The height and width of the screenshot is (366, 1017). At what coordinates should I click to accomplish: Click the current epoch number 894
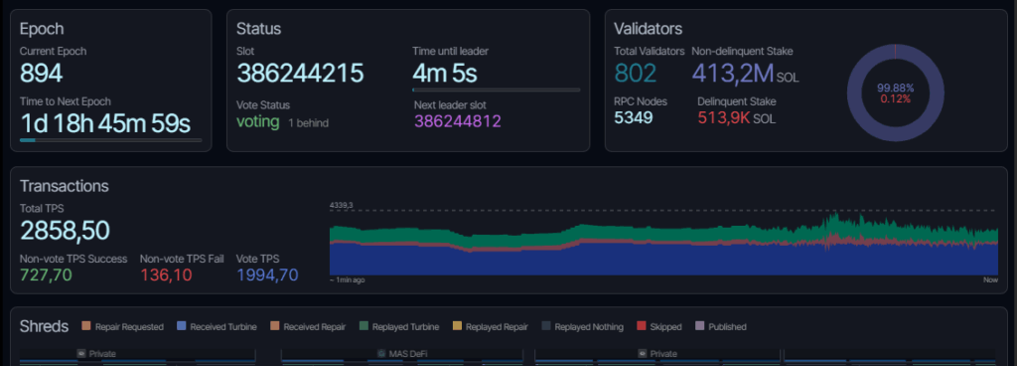42,73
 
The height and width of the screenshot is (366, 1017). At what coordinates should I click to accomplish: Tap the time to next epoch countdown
105,122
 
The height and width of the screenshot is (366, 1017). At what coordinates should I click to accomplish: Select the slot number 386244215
300,73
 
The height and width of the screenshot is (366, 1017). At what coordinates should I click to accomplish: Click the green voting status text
258,121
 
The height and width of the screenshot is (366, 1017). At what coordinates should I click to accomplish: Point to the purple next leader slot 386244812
458,121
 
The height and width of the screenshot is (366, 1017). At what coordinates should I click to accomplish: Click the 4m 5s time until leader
444,73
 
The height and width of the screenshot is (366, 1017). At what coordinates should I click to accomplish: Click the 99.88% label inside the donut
896,88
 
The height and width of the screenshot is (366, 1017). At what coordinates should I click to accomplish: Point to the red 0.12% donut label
896,98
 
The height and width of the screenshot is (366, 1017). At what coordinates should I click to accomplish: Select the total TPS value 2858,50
65,231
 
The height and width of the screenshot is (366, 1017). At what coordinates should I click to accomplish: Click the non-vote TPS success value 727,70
46,274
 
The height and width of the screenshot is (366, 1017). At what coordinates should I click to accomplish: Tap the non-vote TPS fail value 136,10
166,274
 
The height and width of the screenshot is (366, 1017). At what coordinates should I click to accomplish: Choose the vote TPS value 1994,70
267,274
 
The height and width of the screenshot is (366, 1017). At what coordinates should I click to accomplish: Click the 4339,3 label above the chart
343,206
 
